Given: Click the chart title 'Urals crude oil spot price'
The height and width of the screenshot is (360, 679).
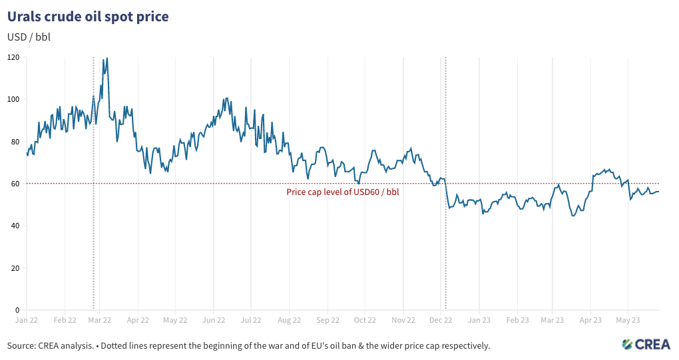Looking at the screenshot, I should point(88,17).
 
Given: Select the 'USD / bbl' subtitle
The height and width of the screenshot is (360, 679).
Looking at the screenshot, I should point(29,37).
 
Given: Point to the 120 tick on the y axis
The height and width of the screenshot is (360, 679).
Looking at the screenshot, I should point(13,57).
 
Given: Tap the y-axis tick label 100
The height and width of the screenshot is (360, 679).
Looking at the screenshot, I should point(13,99).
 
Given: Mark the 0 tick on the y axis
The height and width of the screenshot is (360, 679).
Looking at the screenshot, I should point(17,310).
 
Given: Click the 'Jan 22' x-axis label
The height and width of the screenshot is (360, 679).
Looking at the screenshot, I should point(27,320).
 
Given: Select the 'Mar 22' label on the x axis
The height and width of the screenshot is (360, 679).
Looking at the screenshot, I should point(99,320).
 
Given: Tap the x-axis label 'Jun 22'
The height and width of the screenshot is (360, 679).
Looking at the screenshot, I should point(213,320).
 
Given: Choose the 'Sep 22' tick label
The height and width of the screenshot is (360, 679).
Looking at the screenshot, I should point(328,320).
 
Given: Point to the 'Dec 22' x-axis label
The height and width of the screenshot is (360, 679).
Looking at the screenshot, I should point(441,320).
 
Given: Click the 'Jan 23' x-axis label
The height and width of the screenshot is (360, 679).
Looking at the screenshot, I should point(479,320).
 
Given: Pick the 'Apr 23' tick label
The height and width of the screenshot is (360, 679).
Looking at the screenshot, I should point(590,320).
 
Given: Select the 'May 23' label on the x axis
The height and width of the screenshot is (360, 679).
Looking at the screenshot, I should point(628,320).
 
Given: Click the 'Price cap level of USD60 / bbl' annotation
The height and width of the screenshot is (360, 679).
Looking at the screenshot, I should point(343,192).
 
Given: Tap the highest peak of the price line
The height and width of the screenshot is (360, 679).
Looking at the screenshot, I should point(107,59).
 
